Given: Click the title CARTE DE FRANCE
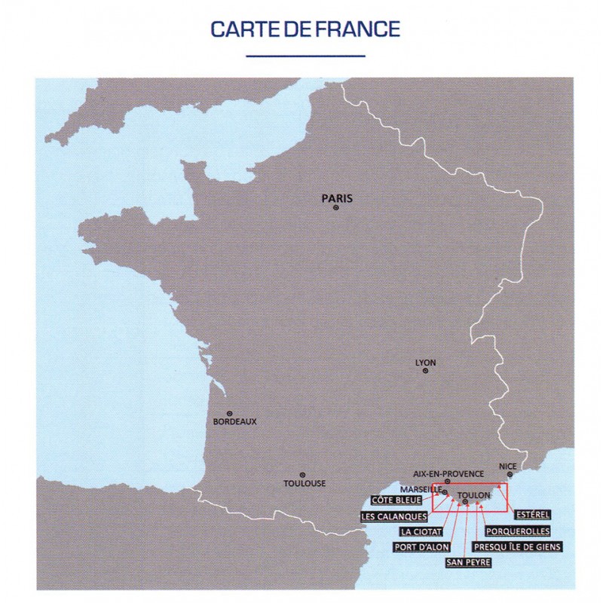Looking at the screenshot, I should (x=305, y=30).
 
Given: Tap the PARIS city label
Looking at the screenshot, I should (x=337, y=199).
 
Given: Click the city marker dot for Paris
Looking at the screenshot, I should (x=336, y=208).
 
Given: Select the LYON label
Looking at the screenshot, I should (x=426, y=363).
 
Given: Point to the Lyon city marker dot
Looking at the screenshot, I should (x=426, y=371).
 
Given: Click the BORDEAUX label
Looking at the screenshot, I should (x=235, y=422).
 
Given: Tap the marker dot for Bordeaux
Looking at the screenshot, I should (x=229, y=413).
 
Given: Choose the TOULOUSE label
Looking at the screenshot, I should (x=305, y=483).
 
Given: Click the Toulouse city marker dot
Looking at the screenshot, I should (x=302, y=474).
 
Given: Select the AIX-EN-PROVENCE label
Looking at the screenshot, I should (x=448, y=473).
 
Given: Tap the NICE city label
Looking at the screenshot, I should (x=508, y=467).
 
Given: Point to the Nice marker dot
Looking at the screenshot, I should (x=510, y=475).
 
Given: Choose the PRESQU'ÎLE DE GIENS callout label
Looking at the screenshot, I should (x=516, y=546).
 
